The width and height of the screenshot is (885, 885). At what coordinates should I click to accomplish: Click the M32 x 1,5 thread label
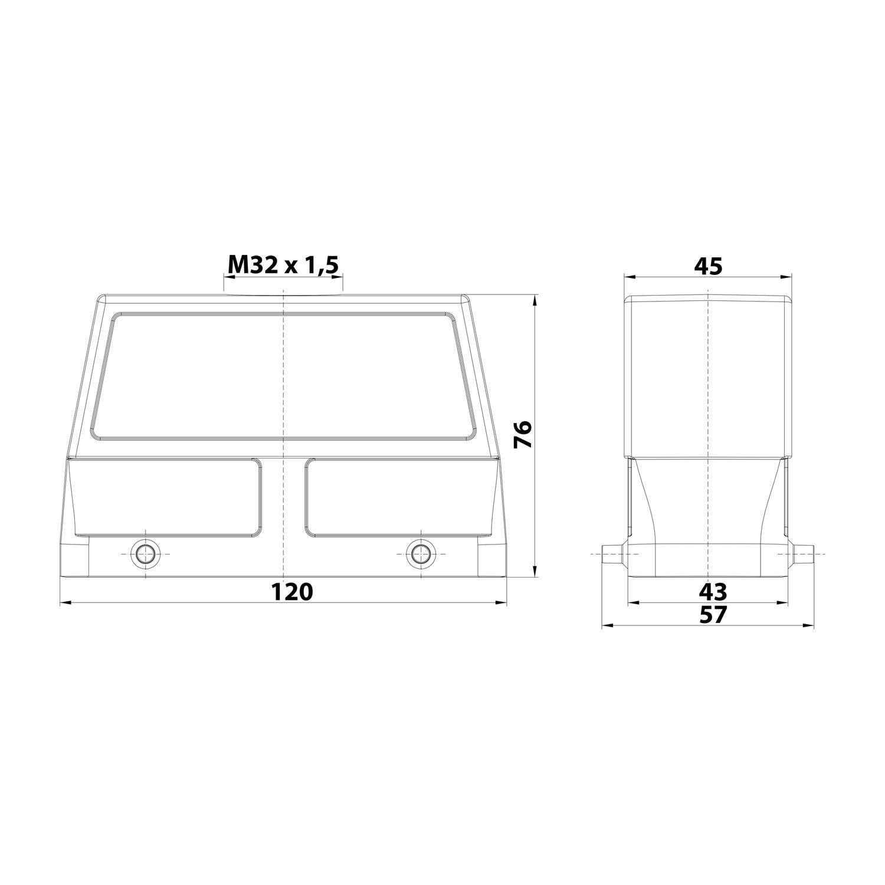(283, 266)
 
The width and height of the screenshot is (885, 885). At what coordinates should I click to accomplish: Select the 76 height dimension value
(523, 435)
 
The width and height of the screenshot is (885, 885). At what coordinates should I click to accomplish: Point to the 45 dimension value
(708, 267)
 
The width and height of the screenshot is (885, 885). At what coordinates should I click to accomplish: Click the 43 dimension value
(713, 591)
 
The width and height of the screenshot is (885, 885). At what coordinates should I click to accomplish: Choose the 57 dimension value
(713, 615)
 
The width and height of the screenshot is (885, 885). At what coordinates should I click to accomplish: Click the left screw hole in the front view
(145, 554)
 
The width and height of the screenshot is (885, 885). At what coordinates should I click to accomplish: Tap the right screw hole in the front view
(420, 554)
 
